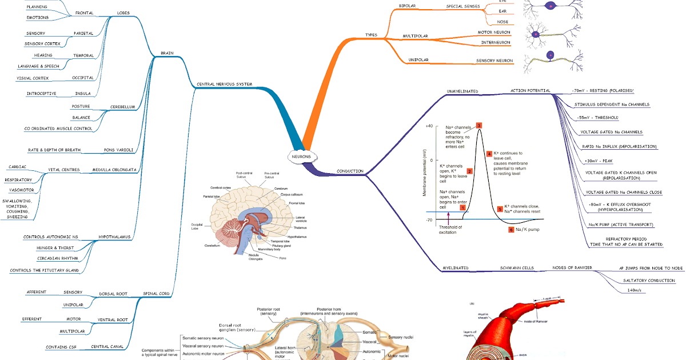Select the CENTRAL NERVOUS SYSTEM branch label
pyautogui.click(x=225, y=84)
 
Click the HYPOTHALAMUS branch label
pyautogui.click(x=114, y=236)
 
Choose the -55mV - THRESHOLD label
pyautogui.click(x=598, y=118)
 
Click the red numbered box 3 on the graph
pyautogui.click(x=479, y=125)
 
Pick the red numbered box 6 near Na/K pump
pyautogui.click(x=510, y=230)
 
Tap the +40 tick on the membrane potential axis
pyautogui.click(x=429, y=126)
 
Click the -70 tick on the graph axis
pyautogui.click(x=428, y=219)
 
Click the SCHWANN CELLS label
pyautogui.click(x=517, y=267)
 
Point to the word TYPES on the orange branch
pyautogui.click(x=372, y=35)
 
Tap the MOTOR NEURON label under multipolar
pyautogui.click(x=494, y=32)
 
